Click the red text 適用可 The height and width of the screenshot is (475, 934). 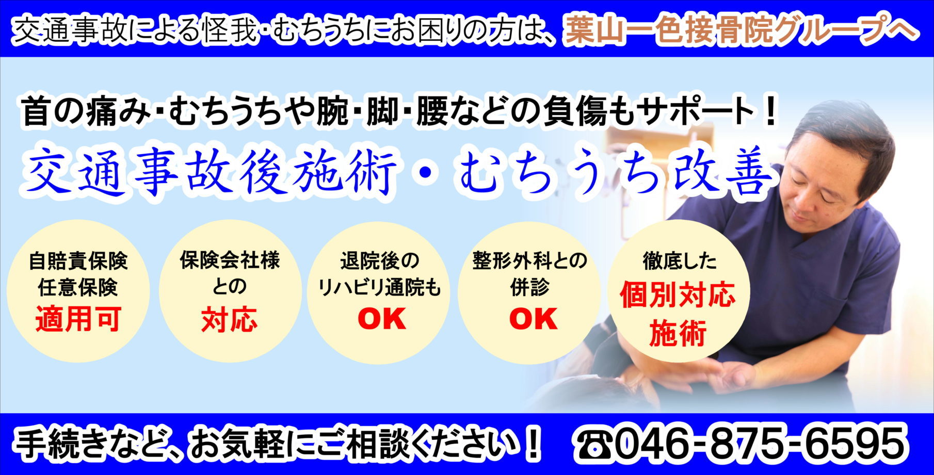tap(78, 319)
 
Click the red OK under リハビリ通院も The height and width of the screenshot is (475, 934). tap(381, 318)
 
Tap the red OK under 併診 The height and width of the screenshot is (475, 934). tap(533, 318)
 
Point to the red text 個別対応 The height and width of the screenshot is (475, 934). tap(678, 296)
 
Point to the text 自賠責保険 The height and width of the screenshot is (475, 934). tap(78, 260)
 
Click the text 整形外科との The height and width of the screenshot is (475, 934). tap(529, 260)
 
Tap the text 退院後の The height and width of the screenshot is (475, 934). tap(380, 260)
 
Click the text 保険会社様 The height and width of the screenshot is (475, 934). tap(230, 260)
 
